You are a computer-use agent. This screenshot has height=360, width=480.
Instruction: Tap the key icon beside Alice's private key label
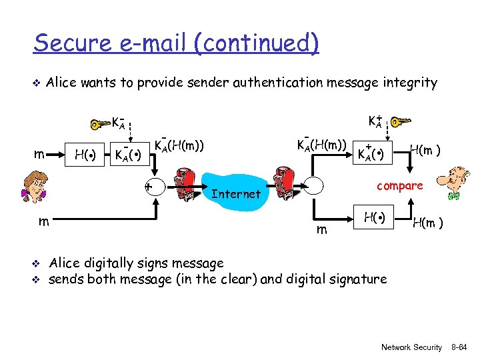coord(100,123)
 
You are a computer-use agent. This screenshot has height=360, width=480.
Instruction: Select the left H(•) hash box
coord(83,155)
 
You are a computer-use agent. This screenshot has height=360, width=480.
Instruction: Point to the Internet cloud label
coord(235,194)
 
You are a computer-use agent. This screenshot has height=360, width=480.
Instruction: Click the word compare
coord(399,185)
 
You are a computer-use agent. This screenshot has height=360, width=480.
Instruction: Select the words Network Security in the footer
coord(411,347)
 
